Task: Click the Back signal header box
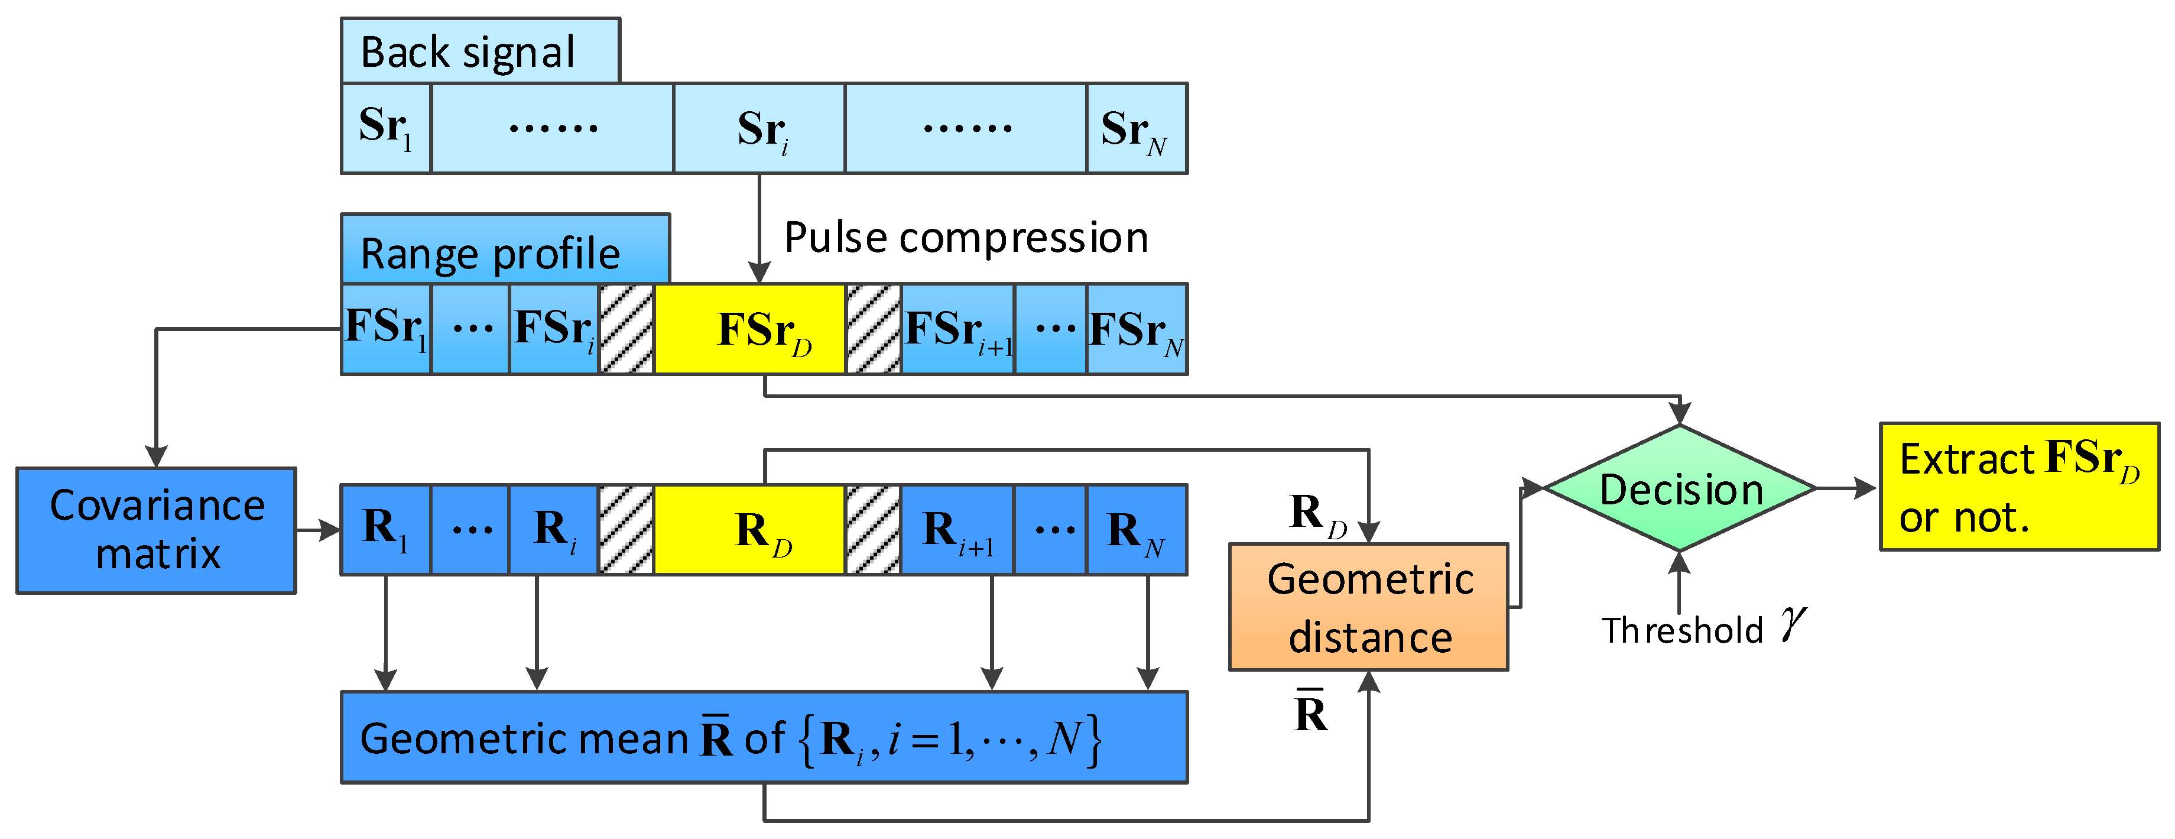tap(479, 51)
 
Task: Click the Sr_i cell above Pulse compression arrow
tap(759, 128)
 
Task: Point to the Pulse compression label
tap(966, 238)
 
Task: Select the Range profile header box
tap(505, 250)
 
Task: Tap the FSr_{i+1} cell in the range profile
tap(957, 329)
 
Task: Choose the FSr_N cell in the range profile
tap(1137, 329)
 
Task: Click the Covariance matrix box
tap(156, 530)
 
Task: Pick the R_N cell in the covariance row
tap(1137, 530)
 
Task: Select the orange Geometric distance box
tap(1368, 607)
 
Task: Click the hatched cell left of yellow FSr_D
tap(626, 329)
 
